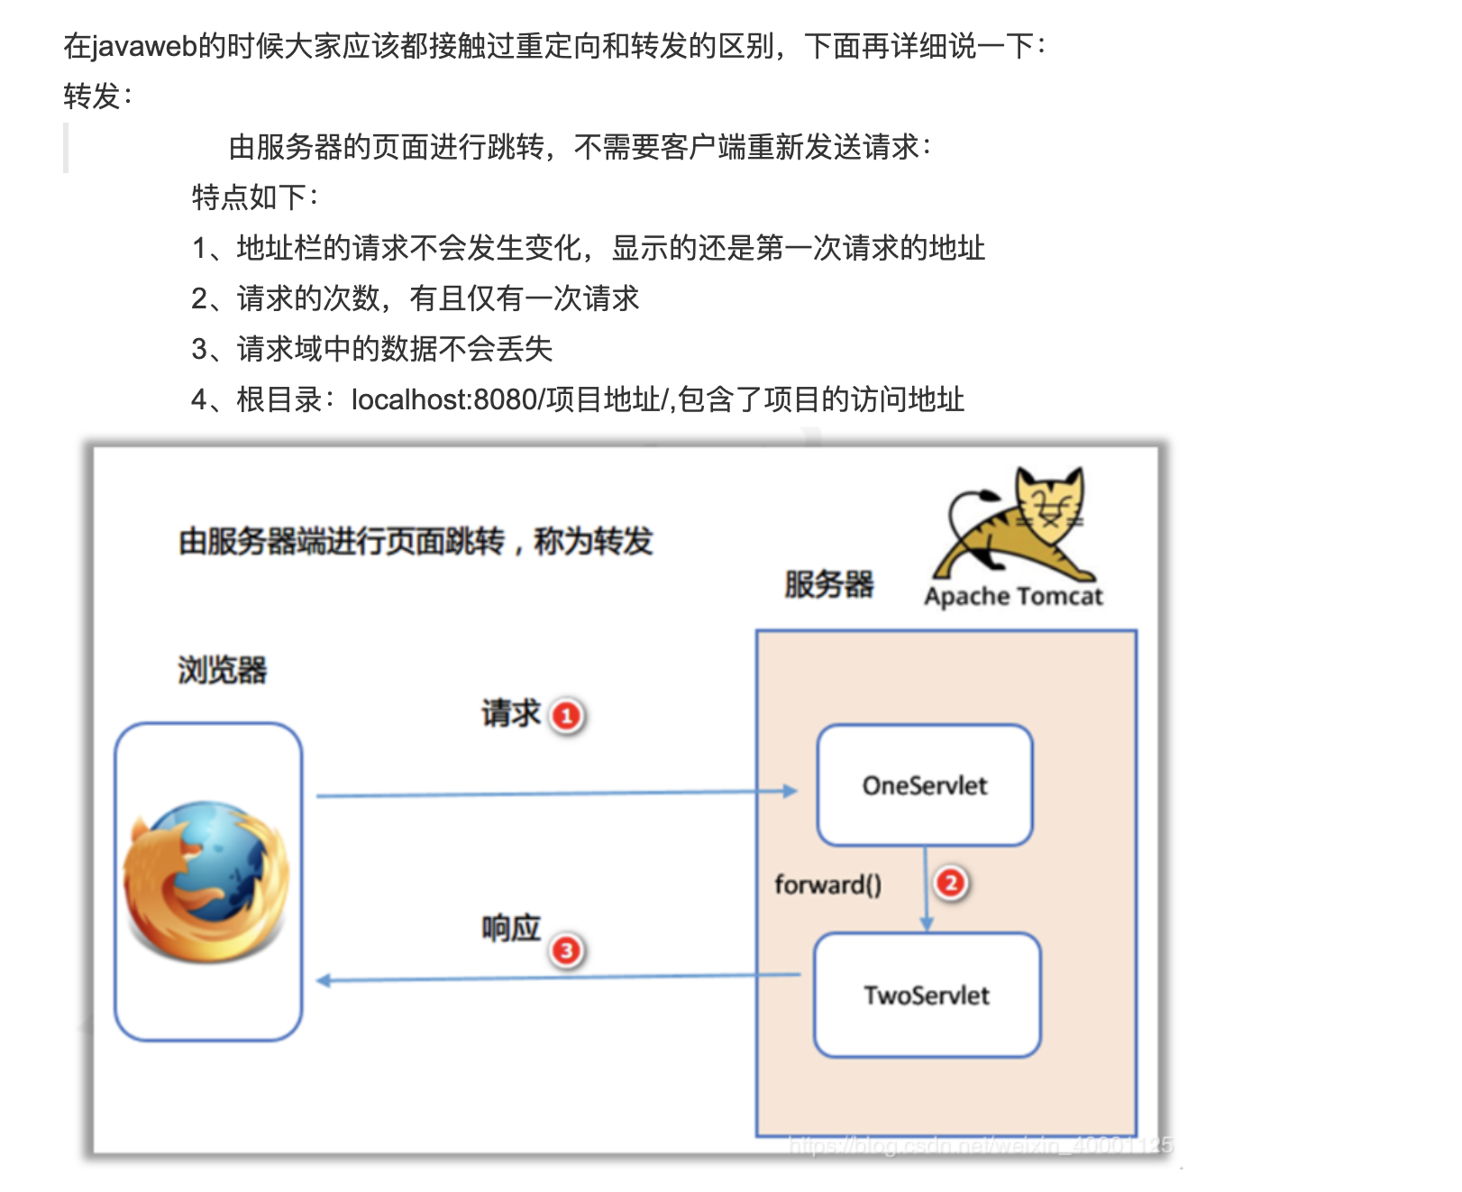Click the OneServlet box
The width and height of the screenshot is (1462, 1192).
(925, 784)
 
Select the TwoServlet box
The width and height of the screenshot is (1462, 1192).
(927, 995)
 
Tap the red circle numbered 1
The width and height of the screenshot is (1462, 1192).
(567, 717)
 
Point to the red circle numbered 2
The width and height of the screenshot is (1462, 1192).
(950, 883)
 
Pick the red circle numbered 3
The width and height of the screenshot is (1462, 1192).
(566, 950)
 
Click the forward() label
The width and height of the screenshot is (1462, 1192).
(827, 885)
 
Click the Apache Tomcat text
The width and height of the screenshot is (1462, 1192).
(1013, 596)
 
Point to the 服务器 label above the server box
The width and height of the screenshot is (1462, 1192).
(828, 584)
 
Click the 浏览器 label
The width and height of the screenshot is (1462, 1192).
(222, 670)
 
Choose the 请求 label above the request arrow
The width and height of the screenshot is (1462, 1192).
(510, 713)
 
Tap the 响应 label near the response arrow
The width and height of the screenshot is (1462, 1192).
(510, 928)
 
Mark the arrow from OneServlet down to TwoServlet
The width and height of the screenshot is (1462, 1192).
(926, 889)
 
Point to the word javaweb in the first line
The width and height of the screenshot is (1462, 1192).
(144, 46)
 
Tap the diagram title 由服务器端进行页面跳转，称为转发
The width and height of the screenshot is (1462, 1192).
(416, 541)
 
